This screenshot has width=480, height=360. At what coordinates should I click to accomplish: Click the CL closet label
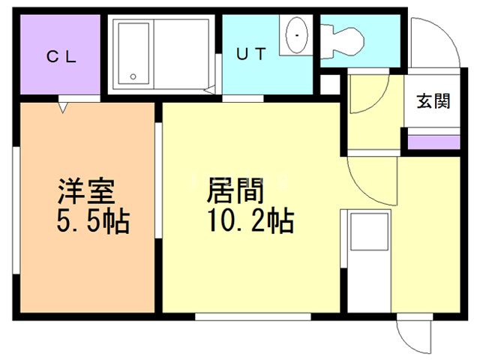coord(61,57)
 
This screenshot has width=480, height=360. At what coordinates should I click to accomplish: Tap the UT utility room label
coord(251,54)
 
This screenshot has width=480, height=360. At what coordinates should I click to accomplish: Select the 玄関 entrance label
coord(433,101)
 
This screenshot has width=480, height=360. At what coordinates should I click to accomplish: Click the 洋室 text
coord(86,191)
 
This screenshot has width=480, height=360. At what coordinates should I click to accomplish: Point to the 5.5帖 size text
coord(93,221)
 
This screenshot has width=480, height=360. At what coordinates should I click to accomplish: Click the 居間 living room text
coord(235,190)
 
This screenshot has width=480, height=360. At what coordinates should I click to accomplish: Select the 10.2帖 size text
coord(250,220)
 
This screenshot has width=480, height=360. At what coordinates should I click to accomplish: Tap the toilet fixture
coord(342,41)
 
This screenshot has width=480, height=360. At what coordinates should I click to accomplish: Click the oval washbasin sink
coord(297,35)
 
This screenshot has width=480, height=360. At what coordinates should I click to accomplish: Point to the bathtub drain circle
coord(133,76)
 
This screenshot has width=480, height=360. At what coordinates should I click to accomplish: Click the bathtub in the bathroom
coord(133,54)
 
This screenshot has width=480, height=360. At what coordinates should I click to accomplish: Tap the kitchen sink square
coord(369,232)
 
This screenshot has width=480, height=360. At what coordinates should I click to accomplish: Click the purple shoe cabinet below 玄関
coord(434,142)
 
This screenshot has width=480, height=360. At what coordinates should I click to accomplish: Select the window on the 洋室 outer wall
coord(16,210)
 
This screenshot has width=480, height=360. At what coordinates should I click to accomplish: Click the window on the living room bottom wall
coord(253,316)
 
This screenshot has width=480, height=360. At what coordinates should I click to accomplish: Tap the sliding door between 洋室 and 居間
coord(158,180)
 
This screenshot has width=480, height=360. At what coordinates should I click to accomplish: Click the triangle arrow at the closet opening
coord(63,108)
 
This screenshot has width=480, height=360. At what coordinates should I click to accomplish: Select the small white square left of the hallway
coord(330,85)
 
